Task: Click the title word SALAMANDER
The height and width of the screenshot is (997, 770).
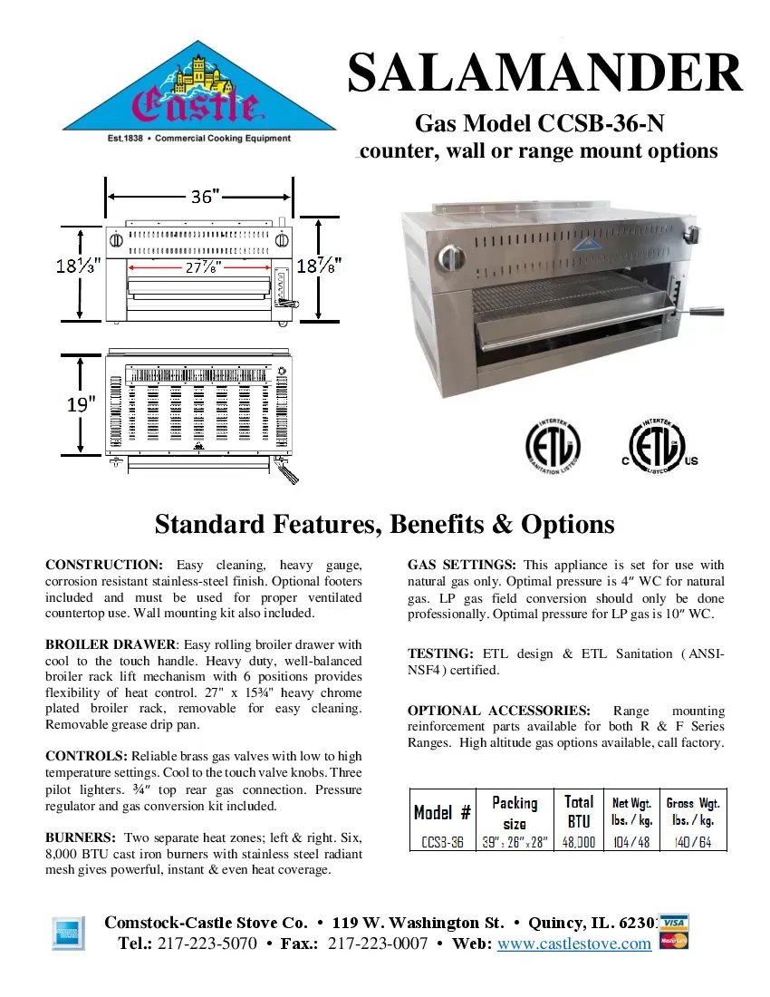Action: (x=545, y=73)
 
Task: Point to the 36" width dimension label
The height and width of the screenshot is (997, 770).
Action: (x=204, y=196)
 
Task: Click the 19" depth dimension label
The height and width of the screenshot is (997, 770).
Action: (x=81, y=404)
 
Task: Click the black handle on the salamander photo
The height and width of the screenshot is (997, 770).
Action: (x=706, y=312)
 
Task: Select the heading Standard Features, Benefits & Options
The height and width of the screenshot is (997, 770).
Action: (x=384, y=525)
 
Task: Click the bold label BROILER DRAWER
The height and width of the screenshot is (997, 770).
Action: (x=111, y=644)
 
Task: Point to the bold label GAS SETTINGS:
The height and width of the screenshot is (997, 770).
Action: (x=462, y=565)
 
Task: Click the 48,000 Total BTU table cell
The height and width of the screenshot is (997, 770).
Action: (x=578, y=841)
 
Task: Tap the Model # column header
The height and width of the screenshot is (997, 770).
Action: (x=442, y=812)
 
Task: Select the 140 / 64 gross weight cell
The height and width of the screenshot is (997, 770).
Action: (x=692, y=841)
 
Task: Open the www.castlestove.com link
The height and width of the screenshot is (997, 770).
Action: (x=574, y=944)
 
